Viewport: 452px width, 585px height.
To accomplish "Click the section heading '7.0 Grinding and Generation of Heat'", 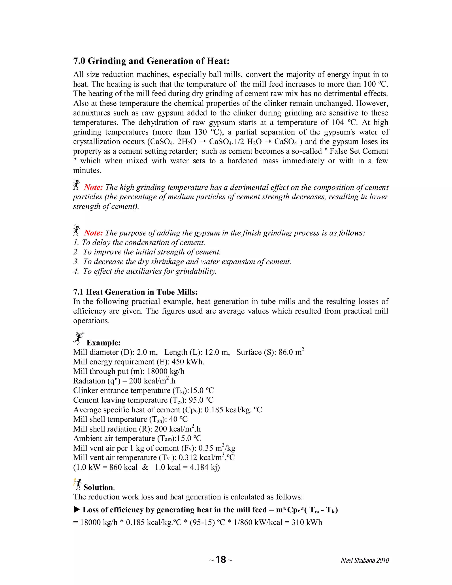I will point(151,61).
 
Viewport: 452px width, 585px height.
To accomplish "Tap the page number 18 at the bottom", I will point(221,560).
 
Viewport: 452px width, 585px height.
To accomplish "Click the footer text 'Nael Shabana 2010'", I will point(365,560).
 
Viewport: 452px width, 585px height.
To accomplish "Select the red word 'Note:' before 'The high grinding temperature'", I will point(93,187).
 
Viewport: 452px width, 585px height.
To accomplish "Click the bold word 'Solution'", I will point(98,487).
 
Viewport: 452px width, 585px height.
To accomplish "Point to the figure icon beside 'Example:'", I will point(79,338).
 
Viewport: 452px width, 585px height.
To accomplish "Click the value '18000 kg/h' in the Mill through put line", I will point(166,371).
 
